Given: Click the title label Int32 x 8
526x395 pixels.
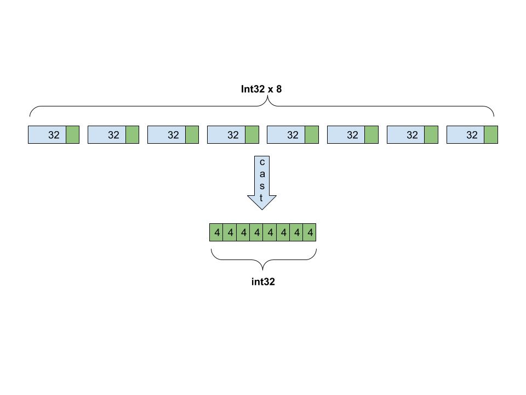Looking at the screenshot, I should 261,88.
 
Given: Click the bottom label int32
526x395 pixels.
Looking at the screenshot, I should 262,282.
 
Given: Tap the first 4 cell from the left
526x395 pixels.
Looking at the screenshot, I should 217,233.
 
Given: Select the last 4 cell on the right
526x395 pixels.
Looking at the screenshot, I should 310,233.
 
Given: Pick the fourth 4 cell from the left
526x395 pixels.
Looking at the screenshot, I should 257,233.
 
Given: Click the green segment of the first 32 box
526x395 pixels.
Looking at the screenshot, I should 72,135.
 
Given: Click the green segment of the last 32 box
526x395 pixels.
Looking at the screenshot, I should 491,135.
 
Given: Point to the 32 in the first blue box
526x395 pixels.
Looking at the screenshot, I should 54,135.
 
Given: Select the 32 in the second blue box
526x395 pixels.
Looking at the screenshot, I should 113,135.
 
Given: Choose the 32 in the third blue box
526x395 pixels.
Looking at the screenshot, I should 173,135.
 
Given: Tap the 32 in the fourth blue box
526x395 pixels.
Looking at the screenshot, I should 233,135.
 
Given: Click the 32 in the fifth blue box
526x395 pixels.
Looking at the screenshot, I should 293,135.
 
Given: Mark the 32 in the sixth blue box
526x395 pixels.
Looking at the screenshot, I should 352,135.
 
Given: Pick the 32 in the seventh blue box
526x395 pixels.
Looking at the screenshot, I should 412,135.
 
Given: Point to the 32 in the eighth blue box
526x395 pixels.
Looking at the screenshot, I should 472,135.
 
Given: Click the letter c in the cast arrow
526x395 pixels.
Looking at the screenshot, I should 262,162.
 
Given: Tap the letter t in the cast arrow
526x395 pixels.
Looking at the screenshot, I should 262,198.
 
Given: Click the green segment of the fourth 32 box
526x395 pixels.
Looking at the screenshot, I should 252,135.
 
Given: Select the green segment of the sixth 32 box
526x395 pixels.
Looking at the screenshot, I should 371,135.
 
